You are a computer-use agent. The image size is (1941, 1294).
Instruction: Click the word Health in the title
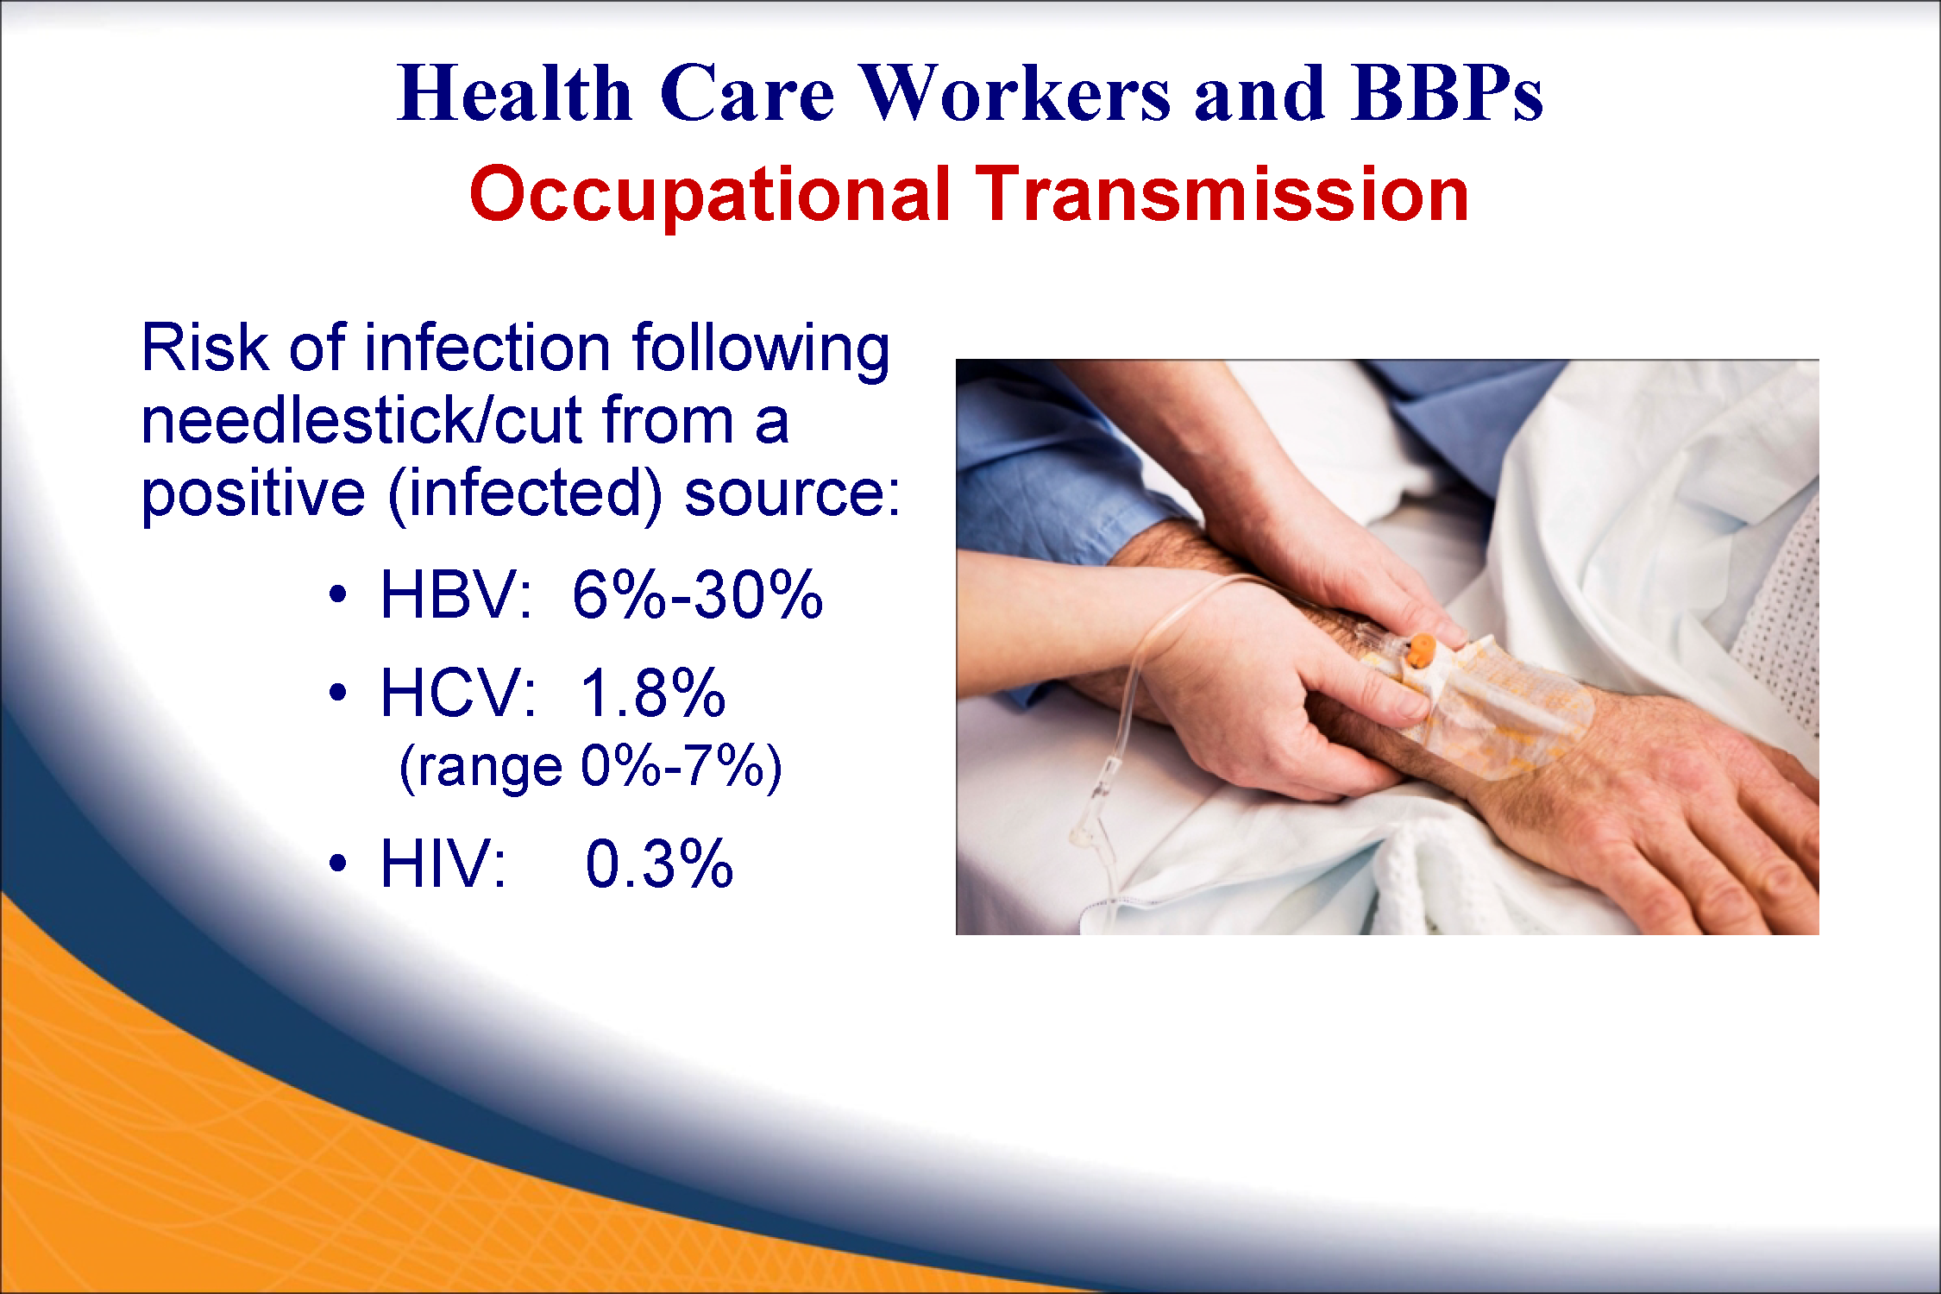point(515,92)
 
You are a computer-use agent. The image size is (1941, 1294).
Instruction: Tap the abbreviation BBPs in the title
point(1448,92)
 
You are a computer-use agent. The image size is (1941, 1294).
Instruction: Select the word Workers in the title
point(1016,92)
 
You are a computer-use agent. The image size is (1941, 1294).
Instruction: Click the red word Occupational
point(710,197)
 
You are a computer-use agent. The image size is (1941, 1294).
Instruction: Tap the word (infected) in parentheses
point(525,494)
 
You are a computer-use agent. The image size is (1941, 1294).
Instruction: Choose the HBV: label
point(456,594)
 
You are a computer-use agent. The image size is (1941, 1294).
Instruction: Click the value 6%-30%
point(697,594)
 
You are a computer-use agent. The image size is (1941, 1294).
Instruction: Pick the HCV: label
point(458,693)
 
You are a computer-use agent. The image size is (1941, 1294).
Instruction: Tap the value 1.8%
point(653,693)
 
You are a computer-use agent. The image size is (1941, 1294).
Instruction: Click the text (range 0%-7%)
point(591,767)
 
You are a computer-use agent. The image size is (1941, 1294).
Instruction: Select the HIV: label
point(443,863)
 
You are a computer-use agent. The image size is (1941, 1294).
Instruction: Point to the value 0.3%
point(659,863)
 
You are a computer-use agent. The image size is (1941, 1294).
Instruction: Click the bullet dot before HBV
point(338,594)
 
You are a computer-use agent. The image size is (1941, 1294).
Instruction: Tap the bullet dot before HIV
point(338,863)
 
